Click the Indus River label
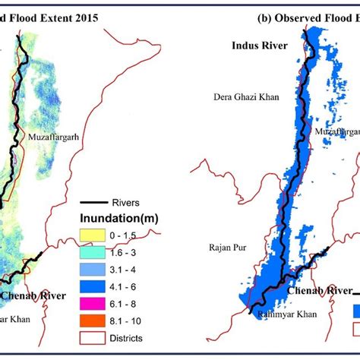click(x=259, y=46)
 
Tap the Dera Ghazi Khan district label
click(x=246, y=97)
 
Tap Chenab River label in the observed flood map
click(x=317, y=290)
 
